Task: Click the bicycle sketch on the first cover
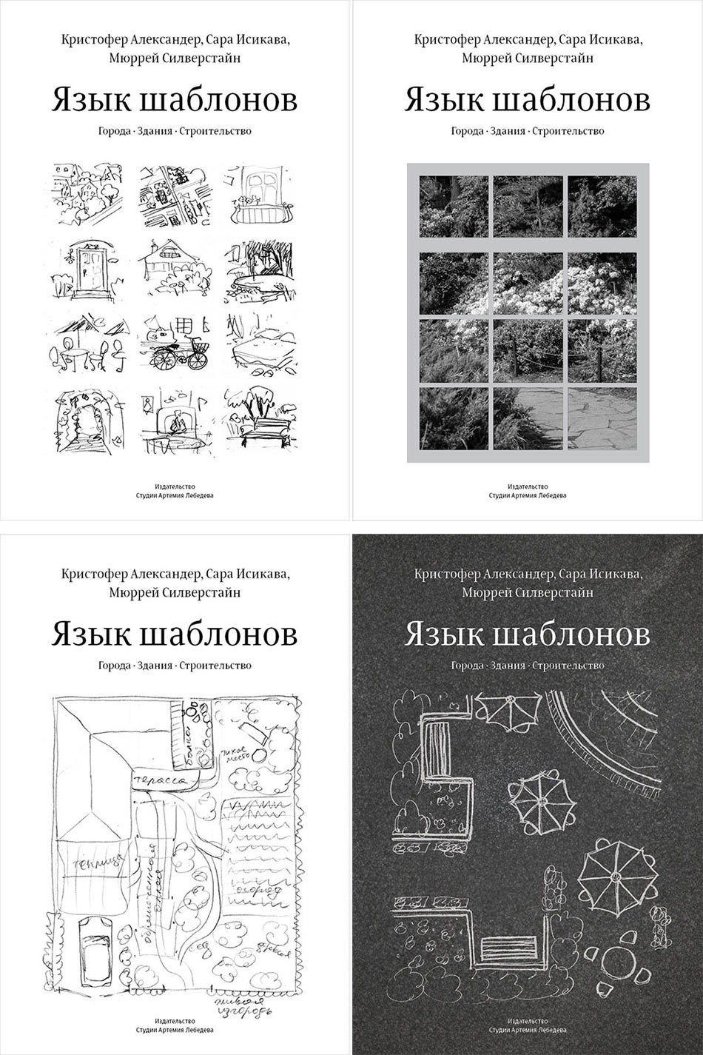178,352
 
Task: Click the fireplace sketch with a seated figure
176,423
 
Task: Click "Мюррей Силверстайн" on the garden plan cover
175,592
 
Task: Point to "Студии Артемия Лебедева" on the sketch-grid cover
175,495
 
